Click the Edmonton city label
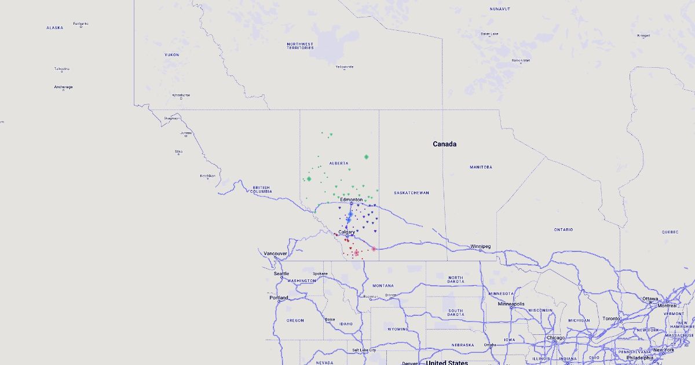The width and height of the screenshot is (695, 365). [x=352, y=199]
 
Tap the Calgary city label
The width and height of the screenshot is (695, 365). [x=346, y=232]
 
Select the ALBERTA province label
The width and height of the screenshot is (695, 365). [x=339, y=163]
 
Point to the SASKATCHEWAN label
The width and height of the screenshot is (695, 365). [x=411, y=192]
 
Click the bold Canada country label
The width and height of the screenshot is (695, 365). [x=445, y=144]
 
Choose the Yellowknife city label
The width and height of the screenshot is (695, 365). [x=344, y=66]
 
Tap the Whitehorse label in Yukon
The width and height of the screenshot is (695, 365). [x=181, y=95]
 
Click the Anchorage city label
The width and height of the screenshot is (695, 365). [x=63, y=87]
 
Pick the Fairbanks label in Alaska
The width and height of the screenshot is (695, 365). [x=81, y=23]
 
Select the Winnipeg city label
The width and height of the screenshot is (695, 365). [x=481, y=246]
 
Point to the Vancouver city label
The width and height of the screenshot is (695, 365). [x=275, y=253]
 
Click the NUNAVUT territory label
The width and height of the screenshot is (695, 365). [x=499, y=9]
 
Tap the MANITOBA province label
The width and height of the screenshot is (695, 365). [x=481, y=167]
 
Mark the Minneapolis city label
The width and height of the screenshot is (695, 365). [x=511, y=304]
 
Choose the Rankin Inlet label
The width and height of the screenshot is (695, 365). [x=521, y=60]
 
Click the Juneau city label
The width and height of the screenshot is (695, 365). [x=186, y=133]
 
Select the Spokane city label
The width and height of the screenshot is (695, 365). [x=320, y=273]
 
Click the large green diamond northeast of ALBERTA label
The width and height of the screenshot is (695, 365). [x=367, y=156]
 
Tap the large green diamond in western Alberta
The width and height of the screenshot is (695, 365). [x=309, y=178]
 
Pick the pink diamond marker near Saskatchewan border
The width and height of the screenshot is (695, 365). [x=374, y=249]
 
